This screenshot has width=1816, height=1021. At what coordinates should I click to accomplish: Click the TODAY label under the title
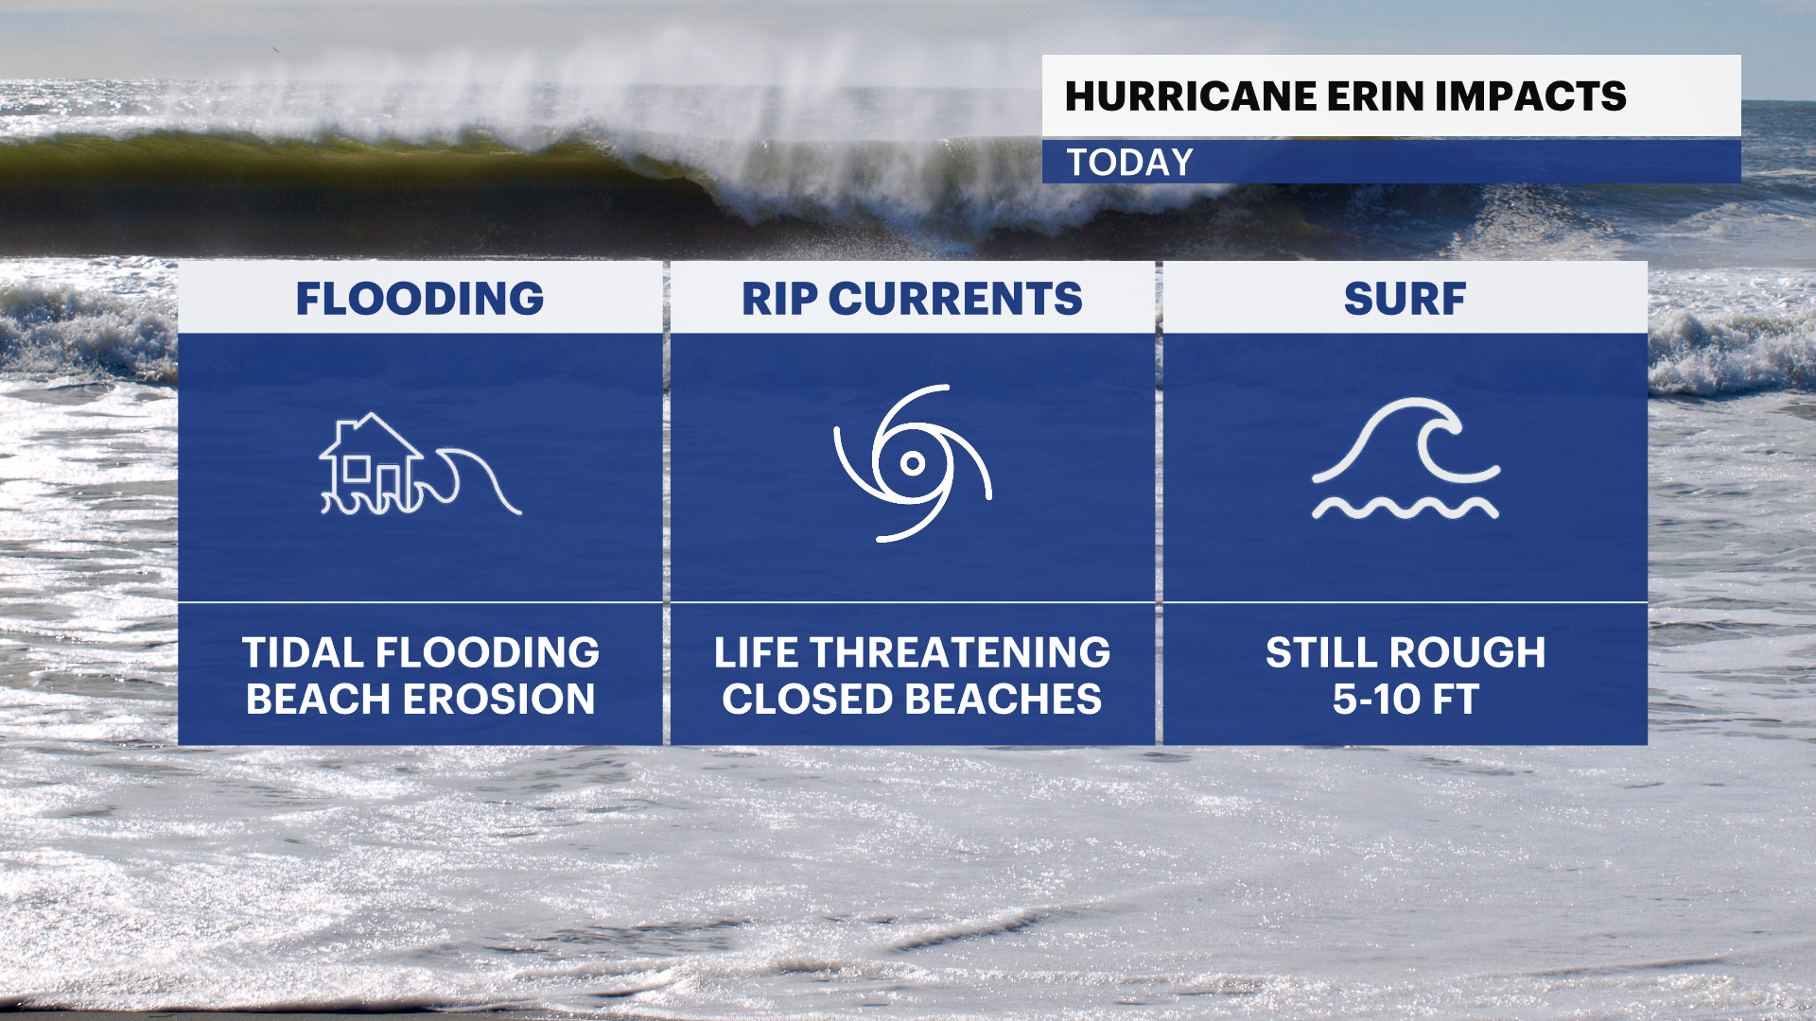(x=1130, y=163)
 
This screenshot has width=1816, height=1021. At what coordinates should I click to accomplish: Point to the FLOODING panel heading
(x=420, y=299)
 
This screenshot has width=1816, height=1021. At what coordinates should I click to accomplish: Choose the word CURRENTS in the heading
(x=955, y=299)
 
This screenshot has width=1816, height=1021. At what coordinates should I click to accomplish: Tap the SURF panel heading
(x=1405, y=299)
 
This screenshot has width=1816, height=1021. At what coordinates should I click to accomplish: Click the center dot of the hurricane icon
(x=913, y=462)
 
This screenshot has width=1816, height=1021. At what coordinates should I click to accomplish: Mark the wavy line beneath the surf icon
(x=1405, y=509)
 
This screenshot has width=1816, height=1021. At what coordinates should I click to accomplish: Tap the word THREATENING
(x=960, y=653)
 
